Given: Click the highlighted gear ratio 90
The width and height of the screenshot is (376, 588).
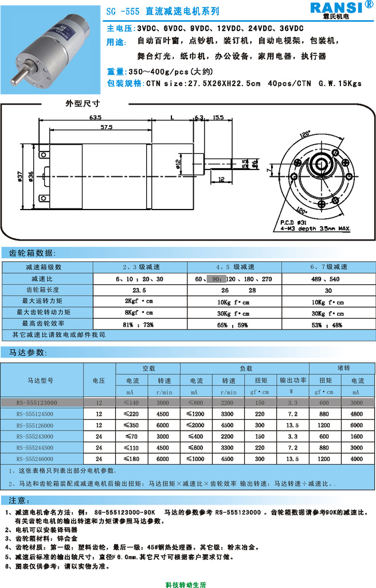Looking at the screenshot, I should pyautogui.click(x=217, y=278).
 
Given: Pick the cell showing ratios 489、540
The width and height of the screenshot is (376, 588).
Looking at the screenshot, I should pyautogui.click(x=328, y=278).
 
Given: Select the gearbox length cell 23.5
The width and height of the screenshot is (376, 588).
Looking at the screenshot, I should pyautogui.click(x=139, y=290).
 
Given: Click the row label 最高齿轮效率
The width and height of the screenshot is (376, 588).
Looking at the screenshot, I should pyautogui.click(x=43, y=323).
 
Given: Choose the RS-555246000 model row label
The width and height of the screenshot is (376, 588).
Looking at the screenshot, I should pyautogui.click(x=42, y=459).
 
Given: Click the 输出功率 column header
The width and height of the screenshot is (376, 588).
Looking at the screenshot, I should pyautogui.click(x=293, y=380).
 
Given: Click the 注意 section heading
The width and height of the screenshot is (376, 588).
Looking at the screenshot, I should pyautogui.click(x=17, y=499).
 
